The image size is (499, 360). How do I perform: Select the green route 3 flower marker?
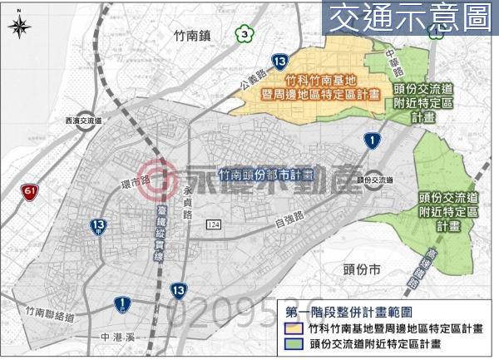(x=243, y=34)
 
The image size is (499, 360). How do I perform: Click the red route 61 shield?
(x=31, y=193)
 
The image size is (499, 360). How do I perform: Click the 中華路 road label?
(x=396, y=60)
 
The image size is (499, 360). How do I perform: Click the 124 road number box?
(x=215, y=225)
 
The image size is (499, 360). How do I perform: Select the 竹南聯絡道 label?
(x=50, y=316)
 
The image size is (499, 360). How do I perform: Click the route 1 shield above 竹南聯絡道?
(x=122, y=304)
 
